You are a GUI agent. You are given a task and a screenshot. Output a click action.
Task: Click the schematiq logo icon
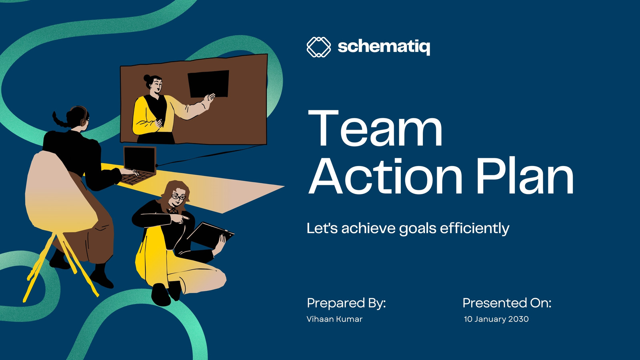click(x=318, y=47)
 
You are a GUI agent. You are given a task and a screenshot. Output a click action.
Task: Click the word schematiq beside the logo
click(x=384, y=47)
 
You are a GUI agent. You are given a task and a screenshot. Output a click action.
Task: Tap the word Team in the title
click(x=376, y=128)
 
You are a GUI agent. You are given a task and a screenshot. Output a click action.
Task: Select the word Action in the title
click(x=386, y=176)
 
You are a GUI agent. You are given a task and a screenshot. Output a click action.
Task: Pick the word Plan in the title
click(x=525, y=176)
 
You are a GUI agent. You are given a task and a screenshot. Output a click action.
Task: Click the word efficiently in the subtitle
click(x=474, y=228)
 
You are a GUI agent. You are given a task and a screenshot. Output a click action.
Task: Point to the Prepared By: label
click(x=346, y=303)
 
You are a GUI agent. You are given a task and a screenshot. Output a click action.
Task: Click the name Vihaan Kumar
click(x=334, y=319)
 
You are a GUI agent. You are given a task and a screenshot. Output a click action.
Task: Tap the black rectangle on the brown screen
click(x=208, y=84)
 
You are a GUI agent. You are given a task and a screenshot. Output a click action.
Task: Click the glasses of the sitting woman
click(x=178, y=197)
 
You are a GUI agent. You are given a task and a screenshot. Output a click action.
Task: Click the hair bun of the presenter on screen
click(x=147, y=78)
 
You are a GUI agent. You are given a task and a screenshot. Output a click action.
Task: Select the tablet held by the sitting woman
click(x=210, y=235)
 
